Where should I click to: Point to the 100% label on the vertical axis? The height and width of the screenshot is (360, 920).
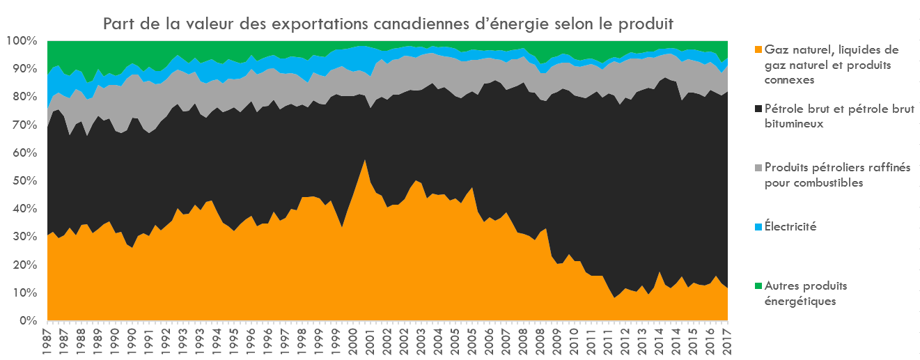point(22,41)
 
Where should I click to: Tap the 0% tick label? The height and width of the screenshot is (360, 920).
point(27,321)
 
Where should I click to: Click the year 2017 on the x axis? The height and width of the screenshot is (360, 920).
point(727,341)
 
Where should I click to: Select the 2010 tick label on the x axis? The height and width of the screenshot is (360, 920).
point(574,341)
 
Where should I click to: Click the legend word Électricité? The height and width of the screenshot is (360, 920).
point(790,227)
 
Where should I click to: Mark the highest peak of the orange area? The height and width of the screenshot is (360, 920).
point(365,160)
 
